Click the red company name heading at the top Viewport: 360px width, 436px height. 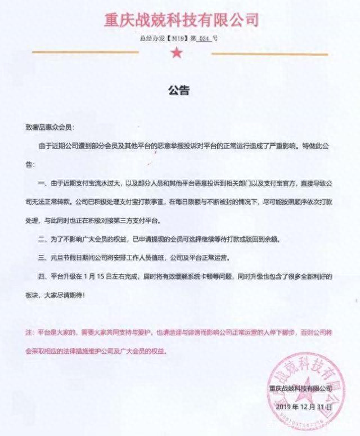tap(181, 20)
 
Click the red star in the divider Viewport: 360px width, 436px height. tap(177, 53)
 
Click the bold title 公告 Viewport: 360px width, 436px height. tap(179, 90)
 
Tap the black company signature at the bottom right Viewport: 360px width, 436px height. tap(300, 388)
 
